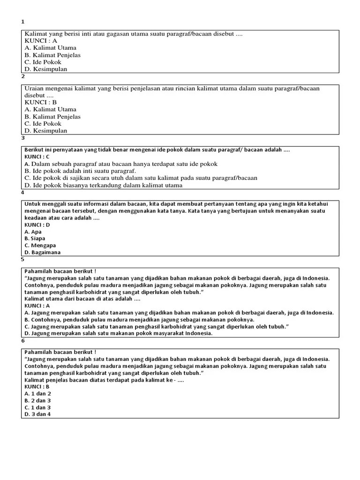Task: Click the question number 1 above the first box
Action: coord(22,22)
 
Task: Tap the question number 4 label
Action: coord(22,192)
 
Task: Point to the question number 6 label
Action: coord(22,341)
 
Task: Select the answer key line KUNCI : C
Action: coord(37,156)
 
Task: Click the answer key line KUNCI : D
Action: coord(37,225)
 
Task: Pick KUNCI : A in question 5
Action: coord(37,306)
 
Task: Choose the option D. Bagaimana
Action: coord(43,252)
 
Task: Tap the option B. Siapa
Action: coord(35,238)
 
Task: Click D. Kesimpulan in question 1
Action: coord(46,69)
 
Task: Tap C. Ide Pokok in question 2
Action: coord(43,124)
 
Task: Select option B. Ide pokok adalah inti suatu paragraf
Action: coord(80,171)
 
